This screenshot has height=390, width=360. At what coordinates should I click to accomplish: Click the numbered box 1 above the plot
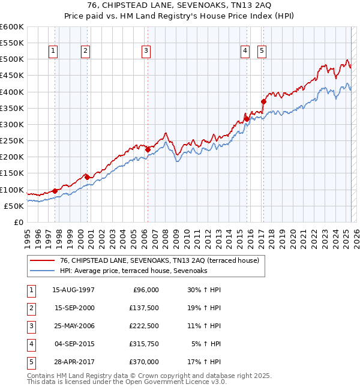click(x=53, y=52)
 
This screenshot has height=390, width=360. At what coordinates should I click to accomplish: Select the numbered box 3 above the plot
click(x=146, y=52)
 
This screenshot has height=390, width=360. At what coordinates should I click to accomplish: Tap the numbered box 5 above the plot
click(x=262, y=52)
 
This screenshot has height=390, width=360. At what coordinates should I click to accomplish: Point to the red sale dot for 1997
click(x=55, y=191)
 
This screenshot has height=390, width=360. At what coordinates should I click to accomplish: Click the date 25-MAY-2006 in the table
click(x=73, y=326)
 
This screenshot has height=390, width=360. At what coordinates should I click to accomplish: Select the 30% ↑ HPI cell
click(x=205, y=290)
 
